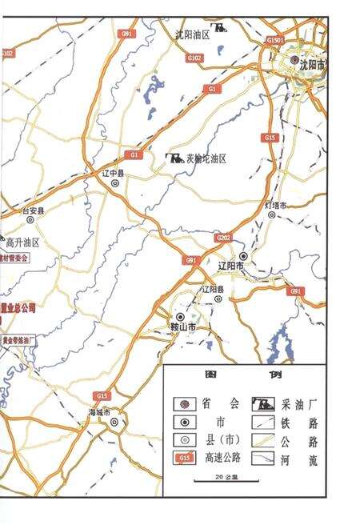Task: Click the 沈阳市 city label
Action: point(312,69)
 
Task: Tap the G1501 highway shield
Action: point(276,39)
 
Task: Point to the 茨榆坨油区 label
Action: point(206,159)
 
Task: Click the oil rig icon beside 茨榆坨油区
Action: point(174,159)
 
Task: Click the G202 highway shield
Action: point(223,238)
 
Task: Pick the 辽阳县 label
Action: point(213,289)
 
